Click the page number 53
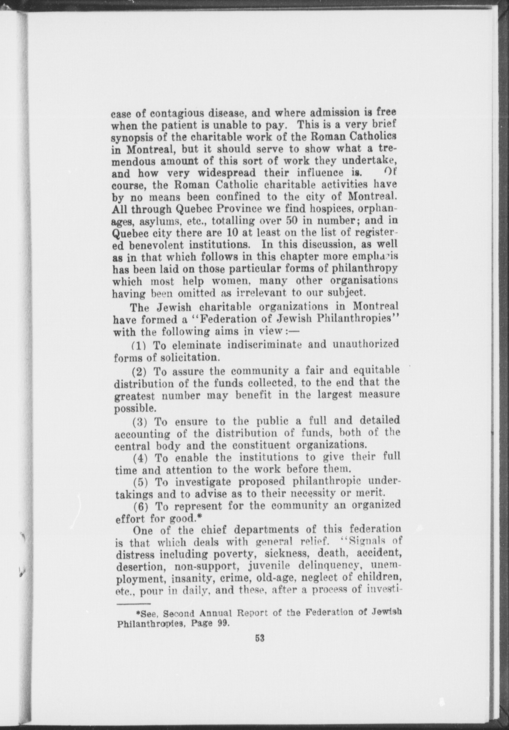(260, 638)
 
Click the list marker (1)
(139, 345)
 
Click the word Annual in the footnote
(215, 614)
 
